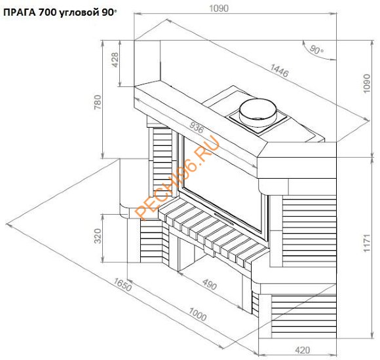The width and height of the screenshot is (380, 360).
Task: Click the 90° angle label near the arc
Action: coord(316,50)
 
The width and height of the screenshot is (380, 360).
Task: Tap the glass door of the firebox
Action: coord(223,187)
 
